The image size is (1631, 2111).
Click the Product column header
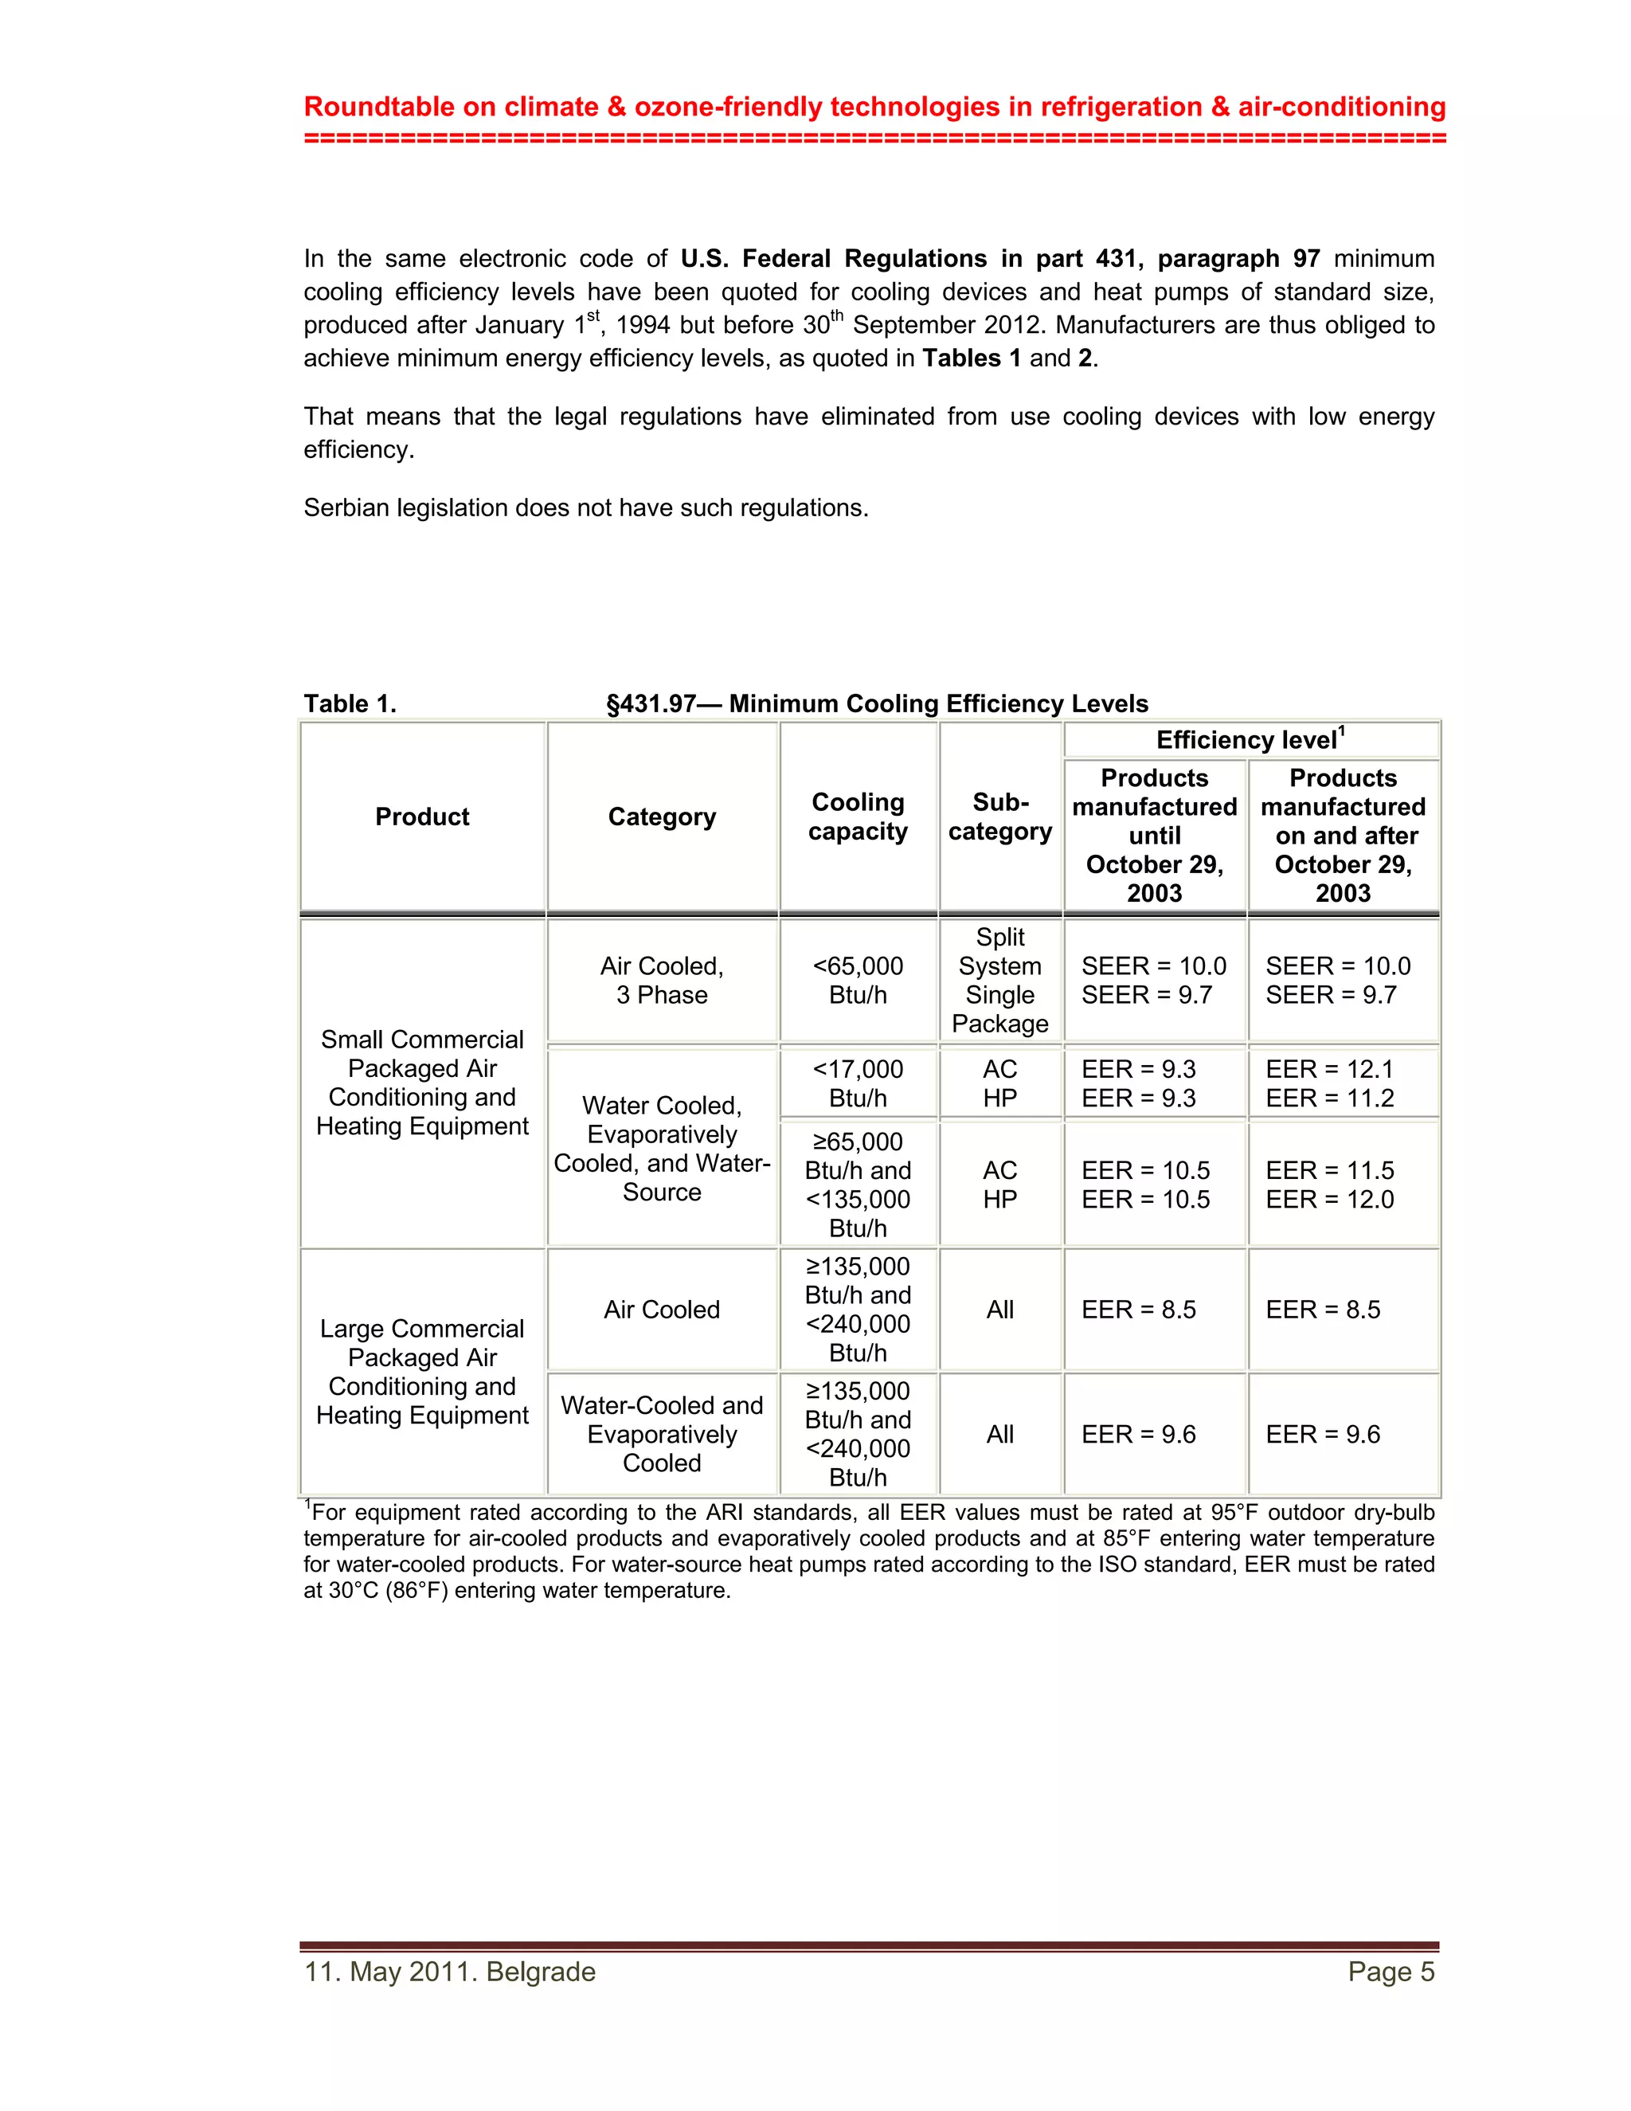click(x=422, y=817)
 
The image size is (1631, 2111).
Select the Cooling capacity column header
click(x=858, y=817)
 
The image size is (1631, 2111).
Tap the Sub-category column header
click(x=1000, y=817)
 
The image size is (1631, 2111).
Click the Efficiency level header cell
click(x=1250, y=740)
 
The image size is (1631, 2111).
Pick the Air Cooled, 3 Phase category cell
click(x=662, y=980)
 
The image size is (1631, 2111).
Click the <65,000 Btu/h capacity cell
click(x=858, y=980)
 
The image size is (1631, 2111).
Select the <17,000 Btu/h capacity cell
click(x=858, y=1083)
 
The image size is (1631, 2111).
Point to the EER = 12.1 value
click(x=1329, y=1069)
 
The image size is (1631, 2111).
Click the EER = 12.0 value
click(x=1329, y=1200)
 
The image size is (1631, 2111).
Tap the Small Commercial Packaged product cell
click(x=422, y=1083)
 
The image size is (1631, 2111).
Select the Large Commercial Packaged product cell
click(x=422, y=1372)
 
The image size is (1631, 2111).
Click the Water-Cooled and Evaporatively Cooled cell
click(x=662, y=1433)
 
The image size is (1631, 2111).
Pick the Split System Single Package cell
click(x=1000, y=980)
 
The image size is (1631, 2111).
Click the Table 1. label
click(x=350, y=703)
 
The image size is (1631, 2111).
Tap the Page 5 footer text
click(x=1390, y=1972)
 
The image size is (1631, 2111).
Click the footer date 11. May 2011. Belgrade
click(x=450, y=1972)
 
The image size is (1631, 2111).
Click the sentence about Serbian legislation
click(x=585, y=508)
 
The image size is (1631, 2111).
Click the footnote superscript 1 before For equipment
click(x=308, y=1504)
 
